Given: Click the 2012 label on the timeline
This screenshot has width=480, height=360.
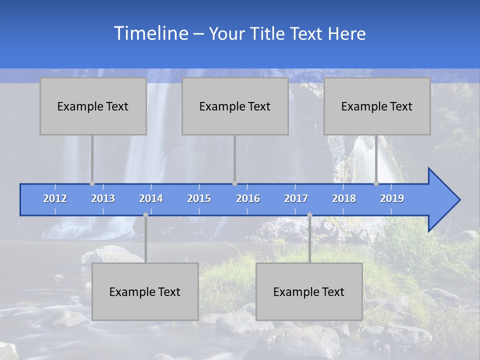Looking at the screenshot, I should point(55,198).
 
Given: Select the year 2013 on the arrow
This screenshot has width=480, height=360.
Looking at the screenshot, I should point(103,198).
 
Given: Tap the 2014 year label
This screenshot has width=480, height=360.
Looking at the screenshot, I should point(151,198).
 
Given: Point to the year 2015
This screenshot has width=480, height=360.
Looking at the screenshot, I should point(199,198).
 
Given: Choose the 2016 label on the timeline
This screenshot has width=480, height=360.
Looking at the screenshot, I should point(248,198).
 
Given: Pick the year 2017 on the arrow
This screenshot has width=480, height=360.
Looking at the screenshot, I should point(296,198).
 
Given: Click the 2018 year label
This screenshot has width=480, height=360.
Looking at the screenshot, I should point(344,198).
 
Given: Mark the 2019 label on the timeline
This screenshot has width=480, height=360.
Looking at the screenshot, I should point(392,198).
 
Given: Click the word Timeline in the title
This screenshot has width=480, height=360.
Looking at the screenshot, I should point(150,33).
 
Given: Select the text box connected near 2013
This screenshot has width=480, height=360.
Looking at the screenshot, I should point(93,106).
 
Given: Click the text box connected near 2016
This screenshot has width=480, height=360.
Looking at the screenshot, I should point(235,106).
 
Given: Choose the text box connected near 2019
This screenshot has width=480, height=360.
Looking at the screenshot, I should point(377,106).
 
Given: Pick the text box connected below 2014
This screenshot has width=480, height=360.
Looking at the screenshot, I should point(145,291).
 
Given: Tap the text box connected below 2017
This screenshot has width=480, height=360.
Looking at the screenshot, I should point(309,291).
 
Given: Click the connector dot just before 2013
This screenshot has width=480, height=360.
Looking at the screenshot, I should point(92,183).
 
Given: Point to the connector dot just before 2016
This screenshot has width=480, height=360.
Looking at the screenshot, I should point(234,183).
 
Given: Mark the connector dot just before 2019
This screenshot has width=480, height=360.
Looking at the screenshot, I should point(376,183).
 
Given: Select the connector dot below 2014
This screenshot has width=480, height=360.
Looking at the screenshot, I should point(145,215).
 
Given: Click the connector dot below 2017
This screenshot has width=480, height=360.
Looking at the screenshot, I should point(309,215).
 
